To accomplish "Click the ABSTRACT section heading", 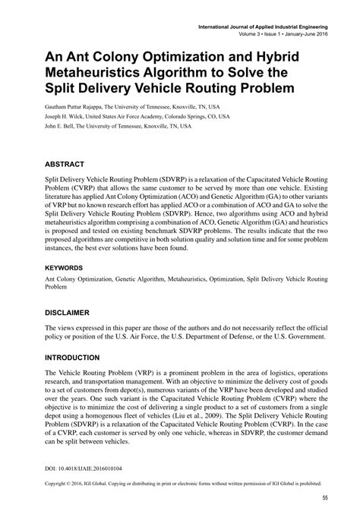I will (66, 163).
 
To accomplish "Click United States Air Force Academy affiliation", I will (129, 118).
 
